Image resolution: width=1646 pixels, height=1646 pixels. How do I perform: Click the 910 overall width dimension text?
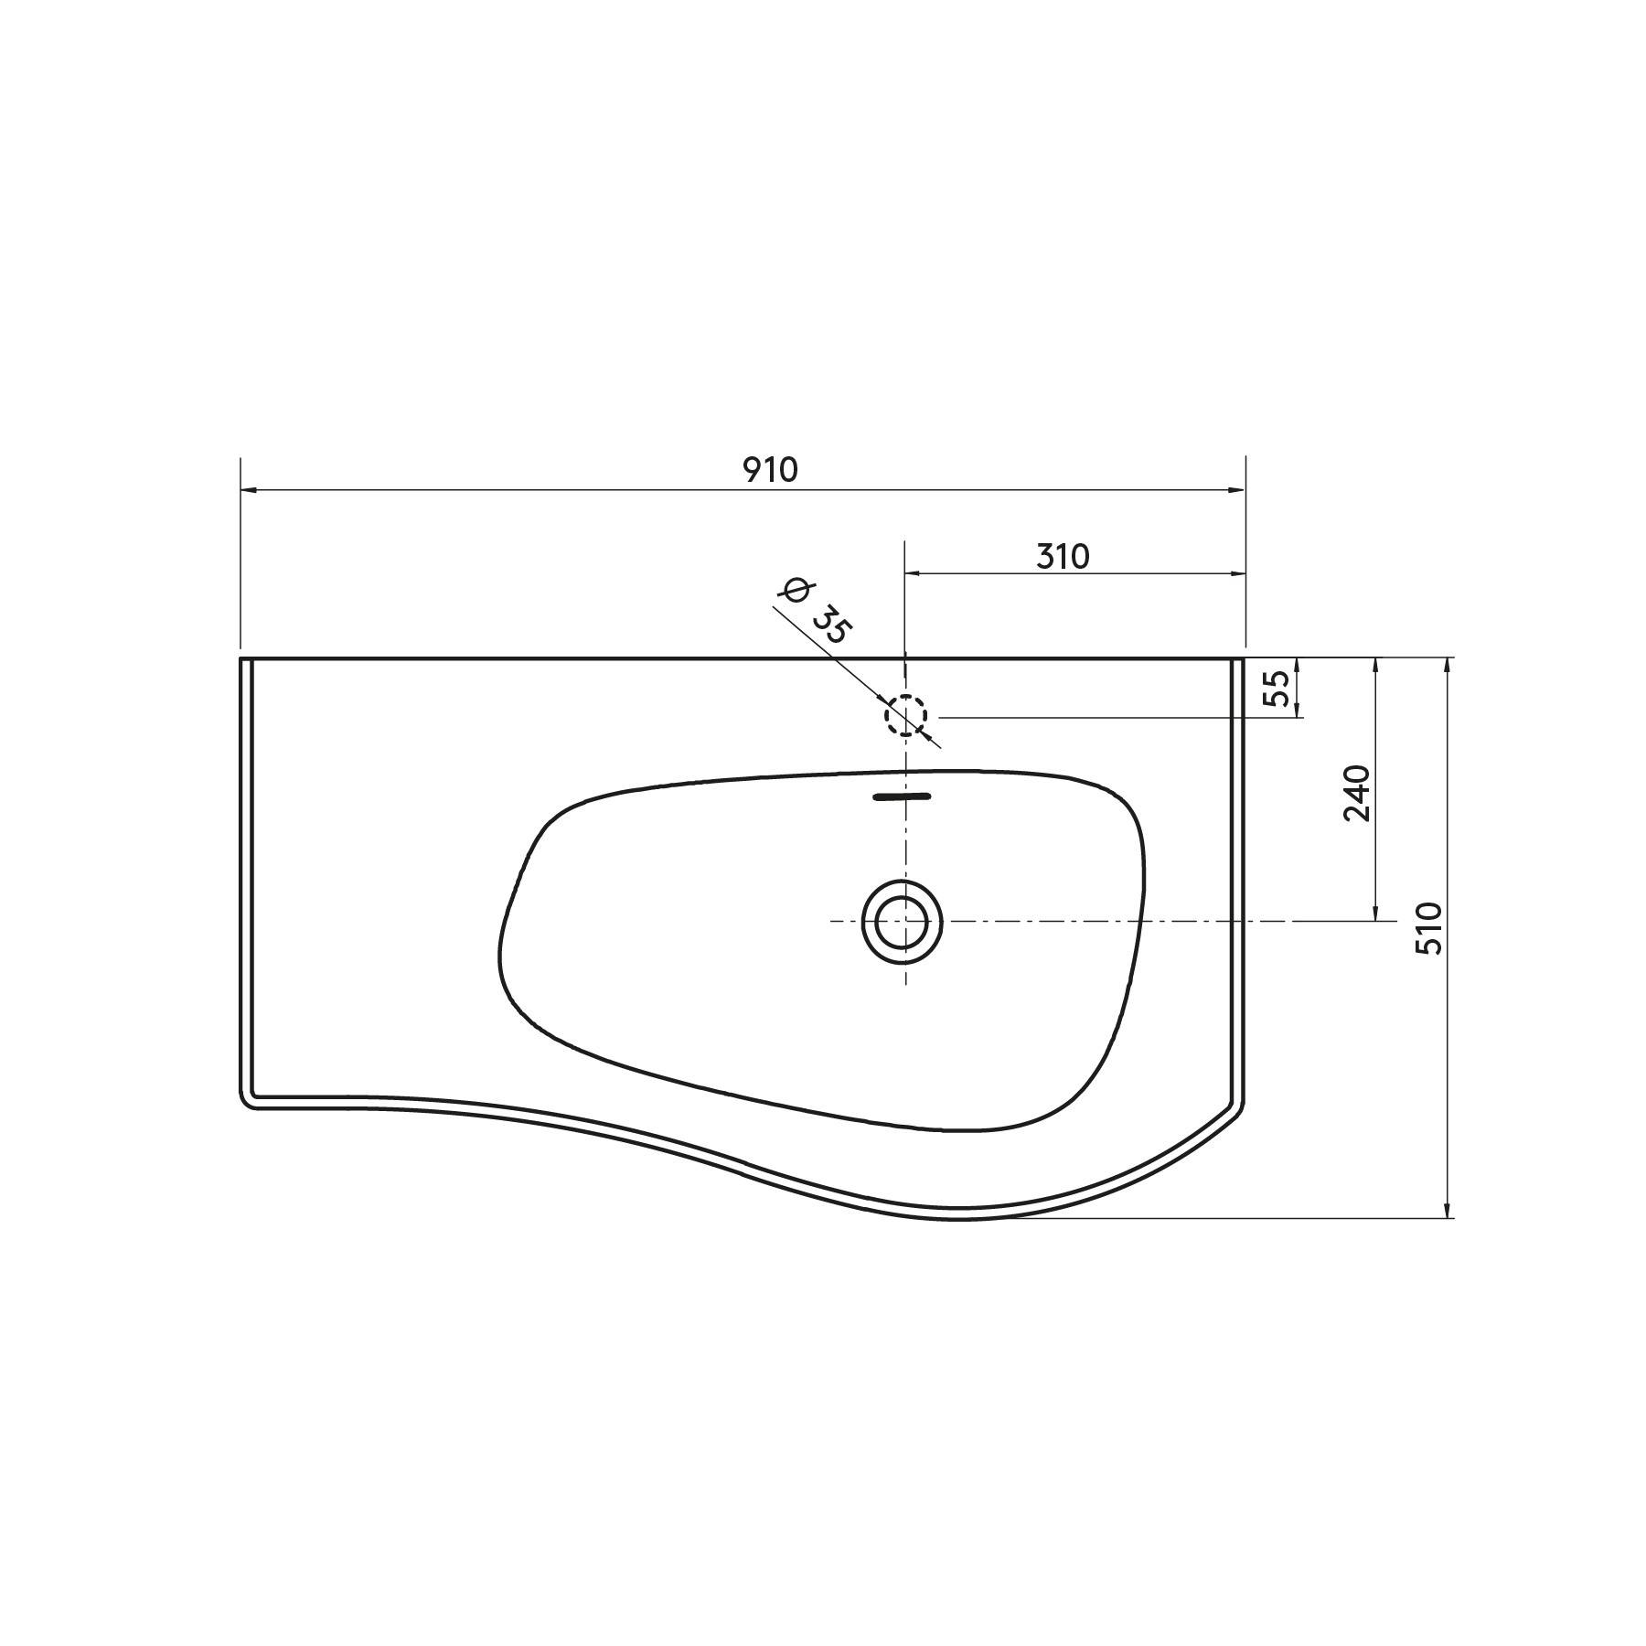tap(770, 470)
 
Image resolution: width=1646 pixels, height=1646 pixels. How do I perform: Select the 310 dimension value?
tap(1063, 556)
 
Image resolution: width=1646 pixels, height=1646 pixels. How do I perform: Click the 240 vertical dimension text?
tap(1357, 793)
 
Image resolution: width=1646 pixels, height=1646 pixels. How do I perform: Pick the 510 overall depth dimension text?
tap(1428, 928)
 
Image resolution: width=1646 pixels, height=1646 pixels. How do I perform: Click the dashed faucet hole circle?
tap(905, 715)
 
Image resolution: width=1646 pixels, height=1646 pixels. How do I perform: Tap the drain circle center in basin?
tap(903, 921)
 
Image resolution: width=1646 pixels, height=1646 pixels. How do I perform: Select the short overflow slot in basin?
tap(902, 796)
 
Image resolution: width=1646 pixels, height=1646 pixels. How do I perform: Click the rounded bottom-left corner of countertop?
tap(247, 1102)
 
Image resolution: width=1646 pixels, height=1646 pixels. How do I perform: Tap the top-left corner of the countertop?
tap(241, 658)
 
